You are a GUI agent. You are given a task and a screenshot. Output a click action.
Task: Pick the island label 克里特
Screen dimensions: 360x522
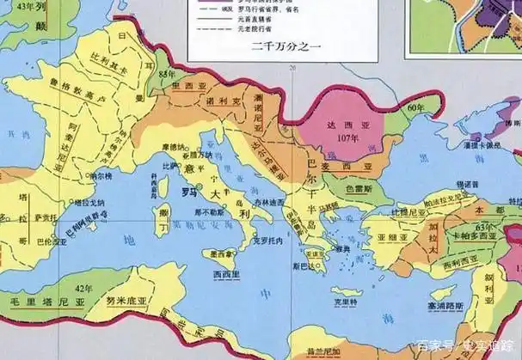(x=344, y=302)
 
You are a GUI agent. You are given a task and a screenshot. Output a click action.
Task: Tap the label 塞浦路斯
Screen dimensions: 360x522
(x=448, y=306)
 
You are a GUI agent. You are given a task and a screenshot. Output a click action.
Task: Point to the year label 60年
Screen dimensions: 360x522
(x=416, y=107)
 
